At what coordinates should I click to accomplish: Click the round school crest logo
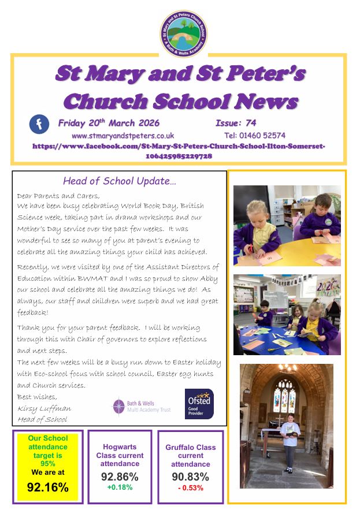(184, 33)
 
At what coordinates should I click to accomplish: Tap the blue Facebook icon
(40, 124)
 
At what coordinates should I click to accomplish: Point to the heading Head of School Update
(120, 181)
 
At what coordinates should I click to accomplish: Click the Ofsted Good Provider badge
(199, 404)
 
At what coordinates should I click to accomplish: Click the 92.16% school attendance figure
(48, 487)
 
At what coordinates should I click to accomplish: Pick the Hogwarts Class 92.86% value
(120, 476)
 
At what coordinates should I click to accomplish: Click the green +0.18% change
(120, 487)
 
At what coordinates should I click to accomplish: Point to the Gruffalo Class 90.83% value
(190, 477)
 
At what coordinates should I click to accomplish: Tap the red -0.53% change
(190, 488)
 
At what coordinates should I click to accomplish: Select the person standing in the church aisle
(289, 443)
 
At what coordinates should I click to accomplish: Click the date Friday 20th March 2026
(109, 122)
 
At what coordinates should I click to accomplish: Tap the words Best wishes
(37, 397)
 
